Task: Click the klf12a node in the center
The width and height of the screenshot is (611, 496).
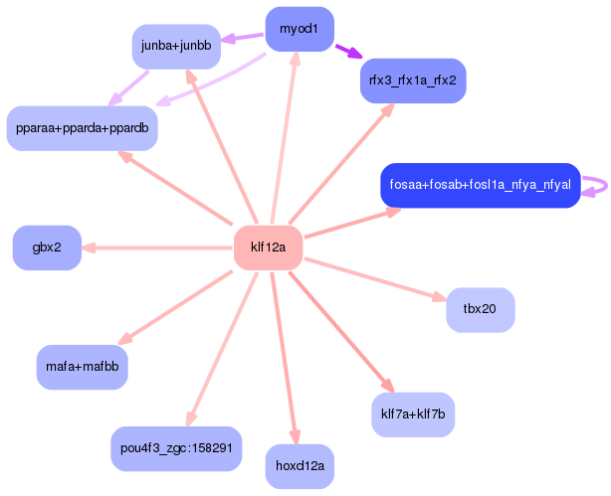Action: (268, 248)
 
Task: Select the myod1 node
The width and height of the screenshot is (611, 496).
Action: (299, 29)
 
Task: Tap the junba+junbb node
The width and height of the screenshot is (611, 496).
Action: (176, 47)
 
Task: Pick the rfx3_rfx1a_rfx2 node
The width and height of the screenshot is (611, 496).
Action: (412, 80)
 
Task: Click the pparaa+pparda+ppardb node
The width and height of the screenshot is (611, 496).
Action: (82, 128)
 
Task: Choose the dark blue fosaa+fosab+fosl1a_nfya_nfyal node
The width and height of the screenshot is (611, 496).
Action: (480, 185)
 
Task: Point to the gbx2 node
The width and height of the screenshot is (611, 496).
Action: (47, 247)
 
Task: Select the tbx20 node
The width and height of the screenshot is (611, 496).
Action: (480, 309)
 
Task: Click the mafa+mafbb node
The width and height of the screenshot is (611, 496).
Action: (82, 367)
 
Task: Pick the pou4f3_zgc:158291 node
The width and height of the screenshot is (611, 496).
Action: (176, 448)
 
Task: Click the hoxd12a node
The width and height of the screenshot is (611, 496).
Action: (299, 466)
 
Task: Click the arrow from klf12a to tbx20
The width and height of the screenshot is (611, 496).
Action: (374, 278)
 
